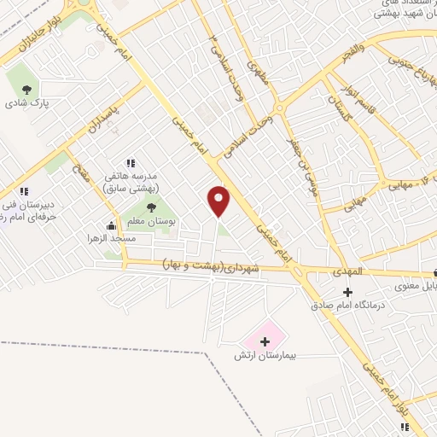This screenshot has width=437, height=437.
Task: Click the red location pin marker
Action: click(219, 201)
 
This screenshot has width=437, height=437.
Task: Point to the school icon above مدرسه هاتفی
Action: click(131, 162)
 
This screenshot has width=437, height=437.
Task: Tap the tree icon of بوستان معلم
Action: click(151, 207)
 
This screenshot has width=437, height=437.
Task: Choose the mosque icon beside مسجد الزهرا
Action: click(111, 226)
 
